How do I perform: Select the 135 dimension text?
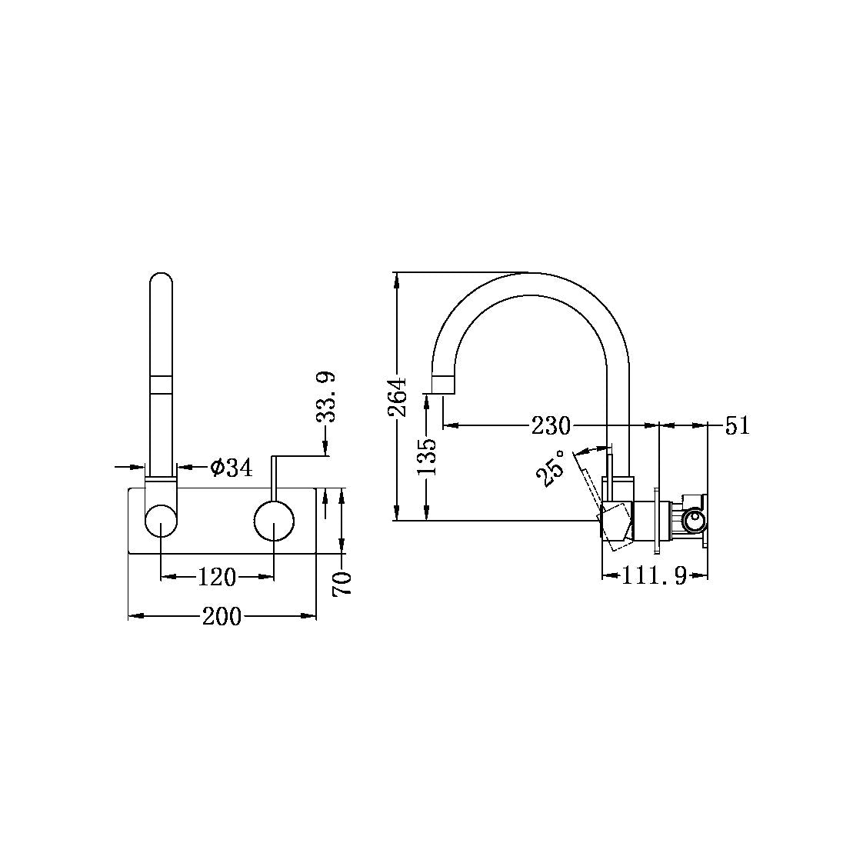(x=428, y=455)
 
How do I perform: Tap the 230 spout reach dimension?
(x=551, y=425)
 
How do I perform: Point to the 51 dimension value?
(x=737, y=425)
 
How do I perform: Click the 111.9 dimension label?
(x=654, y=576)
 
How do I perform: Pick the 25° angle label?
(x=551, y=468)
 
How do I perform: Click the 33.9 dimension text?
(x=326, y=397)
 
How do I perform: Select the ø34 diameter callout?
(x=230, y=467)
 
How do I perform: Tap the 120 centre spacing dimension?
(x=217, y=576)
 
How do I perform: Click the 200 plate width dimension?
(x=222, y=616)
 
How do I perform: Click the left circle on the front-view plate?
(x=161, y=521)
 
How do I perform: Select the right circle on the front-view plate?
(x=274, y=521)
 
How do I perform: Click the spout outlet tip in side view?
(x=444, y=385)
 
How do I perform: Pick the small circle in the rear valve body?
(x=695, y=521)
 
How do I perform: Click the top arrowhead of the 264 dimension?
(x=397, y=278)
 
